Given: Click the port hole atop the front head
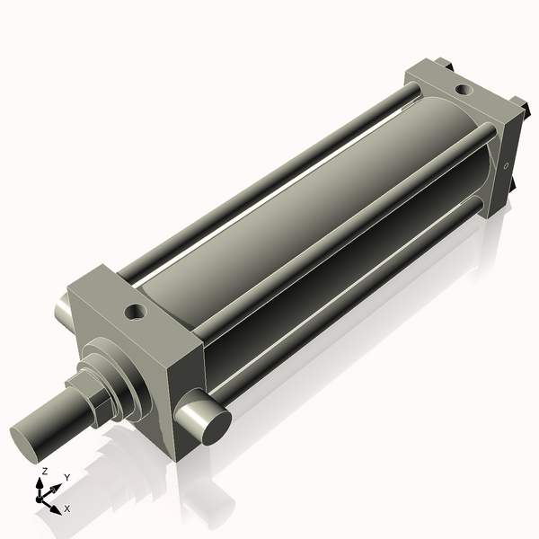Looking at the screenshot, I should [136, 312].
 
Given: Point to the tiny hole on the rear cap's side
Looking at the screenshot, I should [507, 165].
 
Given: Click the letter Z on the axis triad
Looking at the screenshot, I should [45, 472].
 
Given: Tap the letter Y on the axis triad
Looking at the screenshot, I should [66, 477].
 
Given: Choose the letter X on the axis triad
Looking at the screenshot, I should [66, 508].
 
